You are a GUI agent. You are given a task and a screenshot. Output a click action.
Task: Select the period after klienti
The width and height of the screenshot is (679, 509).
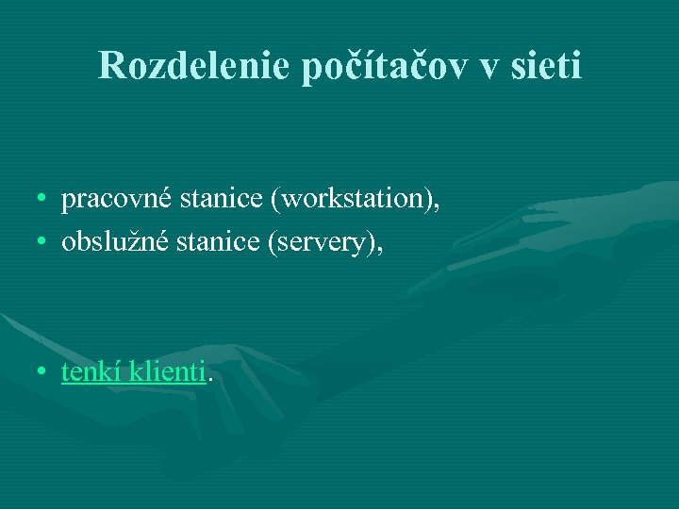210,381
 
